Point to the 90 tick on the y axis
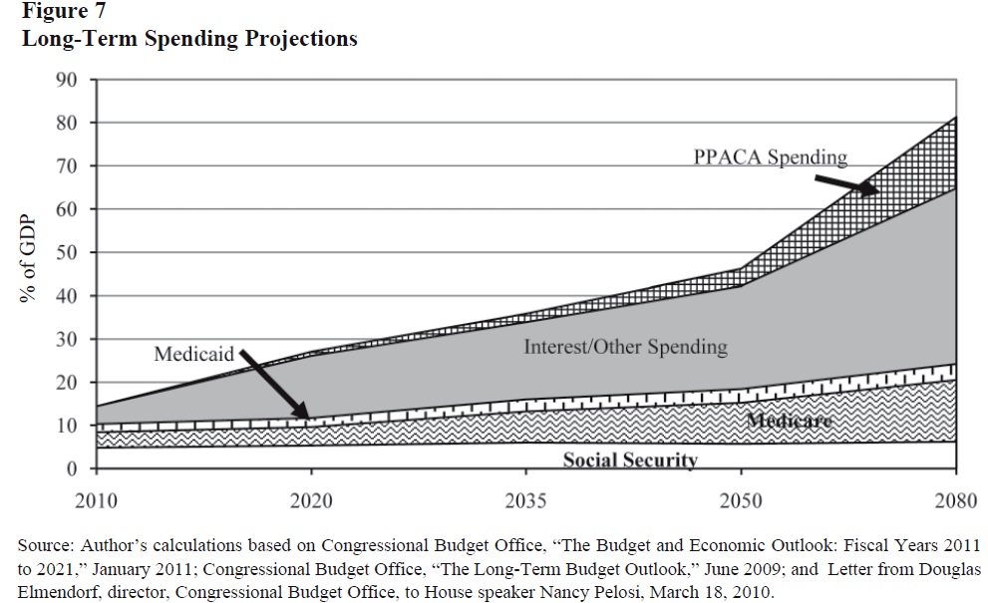(67, 80)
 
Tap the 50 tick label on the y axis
(67, 253)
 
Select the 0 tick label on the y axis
(73, 469)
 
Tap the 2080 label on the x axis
(955, 498)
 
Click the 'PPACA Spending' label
(770, 156)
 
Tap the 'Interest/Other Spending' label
(625, 347)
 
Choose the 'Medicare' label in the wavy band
(788, 421)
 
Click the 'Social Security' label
(629, 459)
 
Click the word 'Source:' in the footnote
(45, 546)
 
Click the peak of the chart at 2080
(956, 118)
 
